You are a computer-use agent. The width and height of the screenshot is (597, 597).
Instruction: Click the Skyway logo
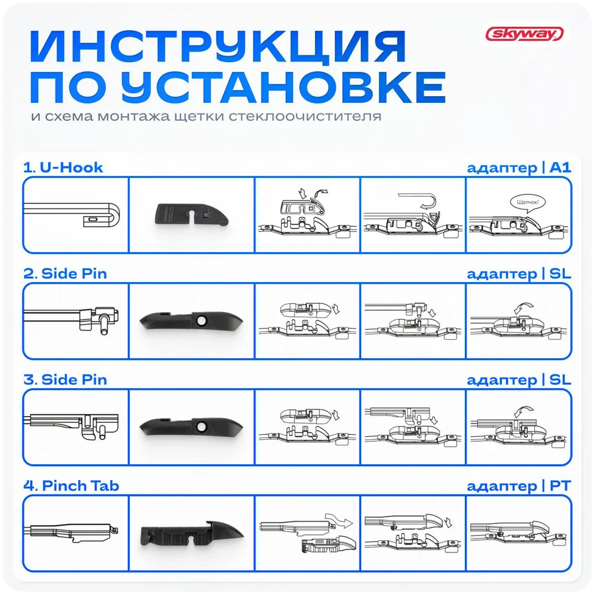(525, 34)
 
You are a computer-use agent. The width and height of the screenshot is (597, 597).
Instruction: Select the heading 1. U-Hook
(63, 168)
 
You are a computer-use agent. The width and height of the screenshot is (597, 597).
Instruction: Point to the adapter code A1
(560, 168)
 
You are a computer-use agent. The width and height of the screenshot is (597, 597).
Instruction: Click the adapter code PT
(560, 486)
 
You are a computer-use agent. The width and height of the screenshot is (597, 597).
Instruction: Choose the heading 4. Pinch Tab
(71, 486)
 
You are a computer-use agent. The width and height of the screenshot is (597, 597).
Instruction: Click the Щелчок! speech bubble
(528, 202)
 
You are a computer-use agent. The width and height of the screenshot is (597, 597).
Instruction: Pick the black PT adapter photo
(192, 534)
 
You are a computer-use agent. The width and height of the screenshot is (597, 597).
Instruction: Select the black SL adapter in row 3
(191, 426)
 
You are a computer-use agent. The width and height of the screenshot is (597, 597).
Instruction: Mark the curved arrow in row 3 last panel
(524, 412)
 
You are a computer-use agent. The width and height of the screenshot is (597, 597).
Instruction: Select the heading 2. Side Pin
(65, 274)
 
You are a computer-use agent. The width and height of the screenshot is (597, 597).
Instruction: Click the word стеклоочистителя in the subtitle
(305, 116)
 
